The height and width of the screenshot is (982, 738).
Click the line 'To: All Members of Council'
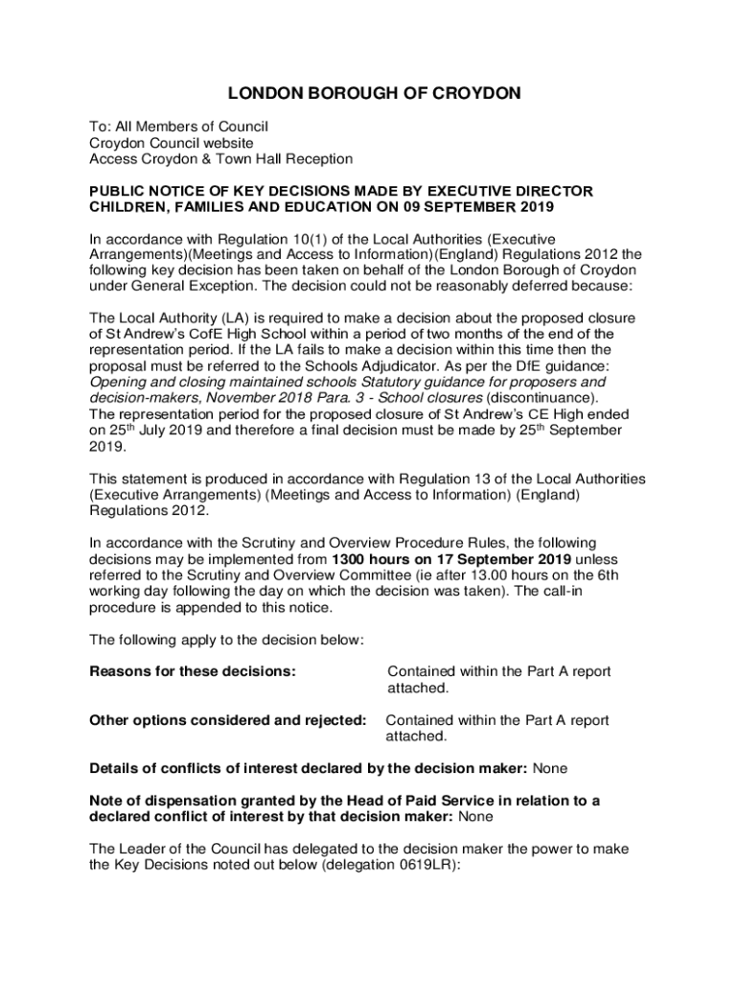point(178,127)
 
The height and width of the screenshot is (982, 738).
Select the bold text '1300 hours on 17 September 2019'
point(451,559)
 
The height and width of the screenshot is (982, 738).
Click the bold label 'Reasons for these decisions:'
point(192,672)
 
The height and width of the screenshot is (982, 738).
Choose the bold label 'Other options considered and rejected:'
point(227,720)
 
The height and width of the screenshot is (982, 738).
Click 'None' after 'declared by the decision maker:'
point(551,768)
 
